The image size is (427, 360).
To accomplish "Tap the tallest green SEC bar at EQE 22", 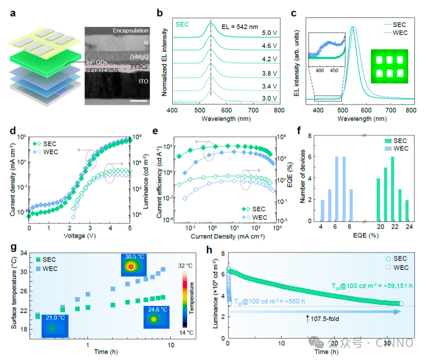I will coord(392,189).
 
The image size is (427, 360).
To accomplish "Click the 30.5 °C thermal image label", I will coord(135,256).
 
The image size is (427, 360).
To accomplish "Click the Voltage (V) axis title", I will coord(80,235).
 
